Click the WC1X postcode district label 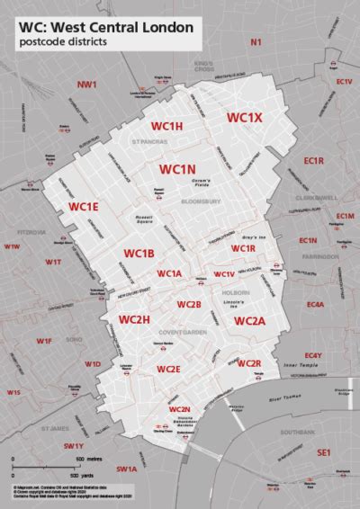[x=244, y=117]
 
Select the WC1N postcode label [x=177, y=168]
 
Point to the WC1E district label [x=84, y=207]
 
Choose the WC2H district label [x=134, y=319]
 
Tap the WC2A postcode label [x=249, y=321]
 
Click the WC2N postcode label [x=179, y=409]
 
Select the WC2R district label [x=248, y=362]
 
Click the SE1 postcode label [x=324, y=455]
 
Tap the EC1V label [x=344, y=82]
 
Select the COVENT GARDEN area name [x=166, y=332]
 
